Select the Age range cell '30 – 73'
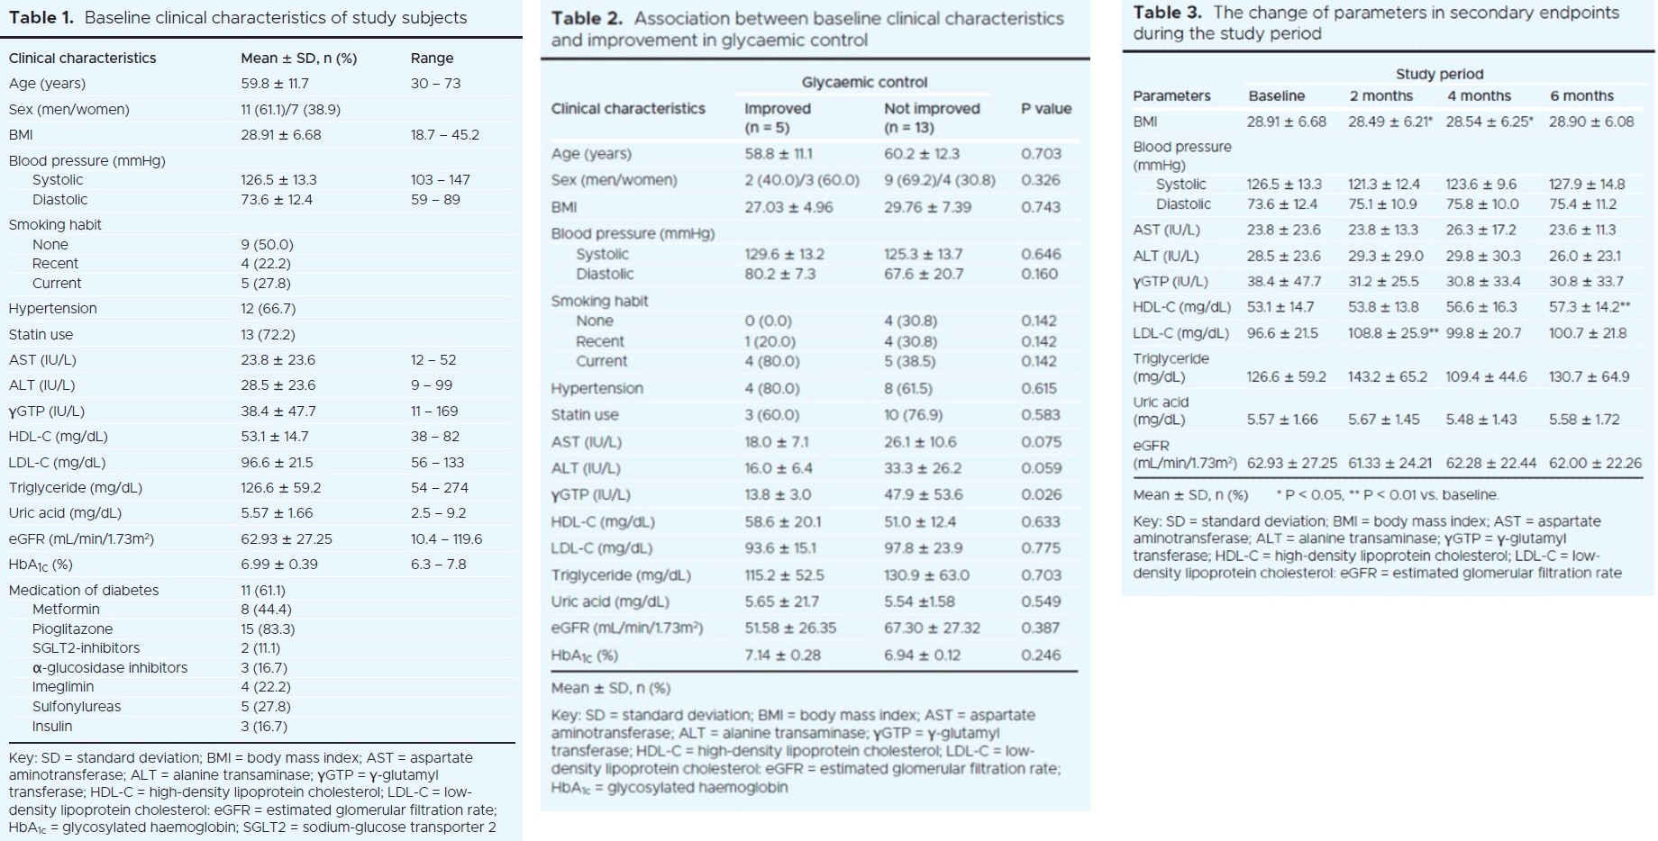click(x=435, y=84)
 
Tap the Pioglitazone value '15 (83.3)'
click(x=268, y=629)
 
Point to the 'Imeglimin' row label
click(x=63, y=687)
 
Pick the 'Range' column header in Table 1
click(x=432, y=59)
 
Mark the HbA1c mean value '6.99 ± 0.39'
click(x=279, y=565)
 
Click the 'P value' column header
click(x=1046, y=109)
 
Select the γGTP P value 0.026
click(x=1041, y=494)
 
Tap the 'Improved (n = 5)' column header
click(x=778, y=118)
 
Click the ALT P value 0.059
click(x=1041, y=468)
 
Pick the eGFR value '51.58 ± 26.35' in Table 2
click(x=790, y=628)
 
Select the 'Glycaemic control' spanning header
click(x=864, y=83)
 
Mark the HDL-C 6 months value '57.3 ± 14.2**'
click(x=1590, y=307)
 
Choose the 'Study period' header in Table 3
click(x=1439, y=75)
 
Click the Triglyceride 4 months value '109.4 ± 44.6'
click(x=1486, y=377)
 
